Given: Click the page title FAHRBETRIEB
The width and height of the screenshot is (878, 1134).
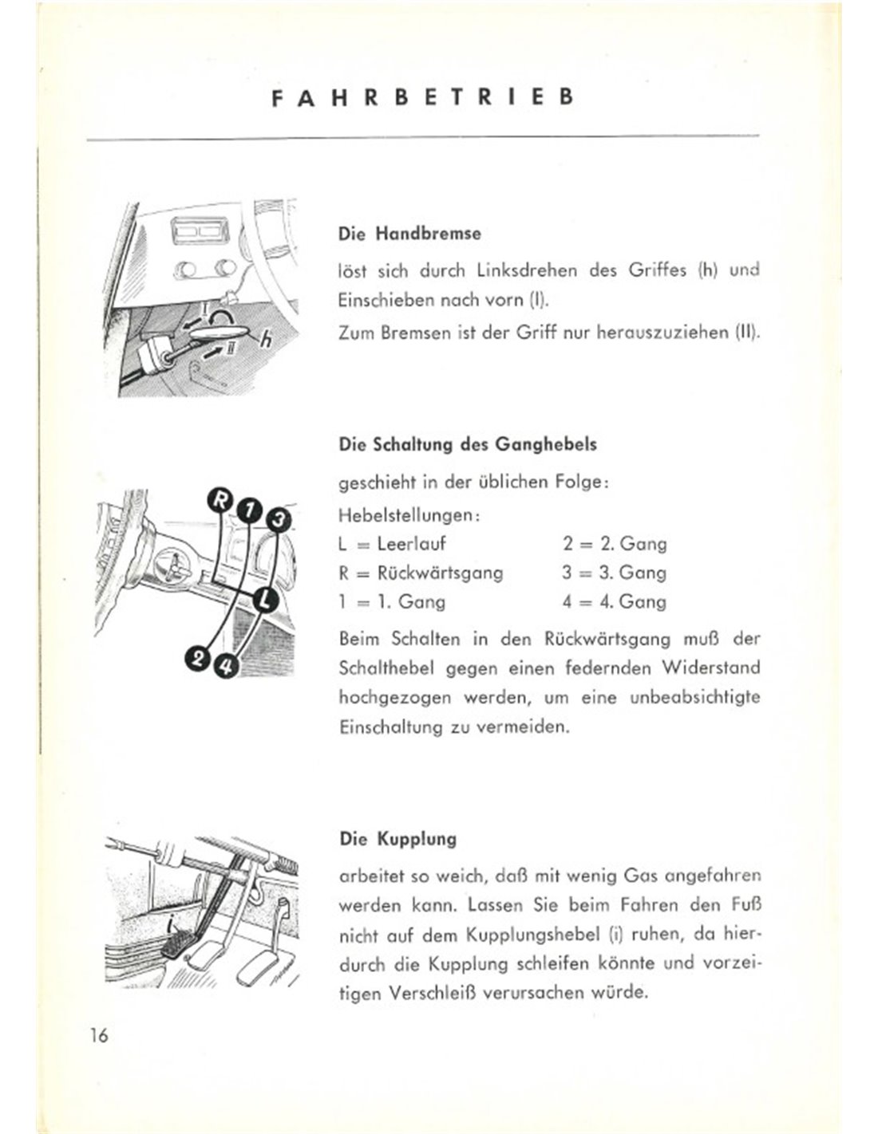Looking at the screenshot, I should point(423,98).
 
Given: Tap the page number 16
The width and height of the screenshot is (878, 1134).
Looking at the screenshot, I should point(100,1035).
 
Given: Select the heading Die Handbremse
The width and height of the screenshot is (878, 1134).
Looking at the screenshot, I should point(409,234).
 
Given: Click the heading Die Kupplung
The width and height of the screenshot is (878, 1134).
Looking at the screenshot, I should point(397,839).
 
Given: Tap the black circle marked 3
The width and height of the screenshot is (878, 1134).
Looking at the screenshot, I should point(277,522).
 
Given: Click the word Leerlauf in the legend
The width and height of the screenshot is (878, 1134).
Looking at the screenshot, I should point(411,545).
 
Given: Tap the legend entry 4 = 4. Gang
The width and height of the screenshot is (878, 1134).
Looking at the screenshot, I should point(614,601).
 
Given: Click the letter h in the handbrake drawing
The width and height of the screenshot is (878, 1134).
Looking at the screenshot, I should point(267,341).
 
